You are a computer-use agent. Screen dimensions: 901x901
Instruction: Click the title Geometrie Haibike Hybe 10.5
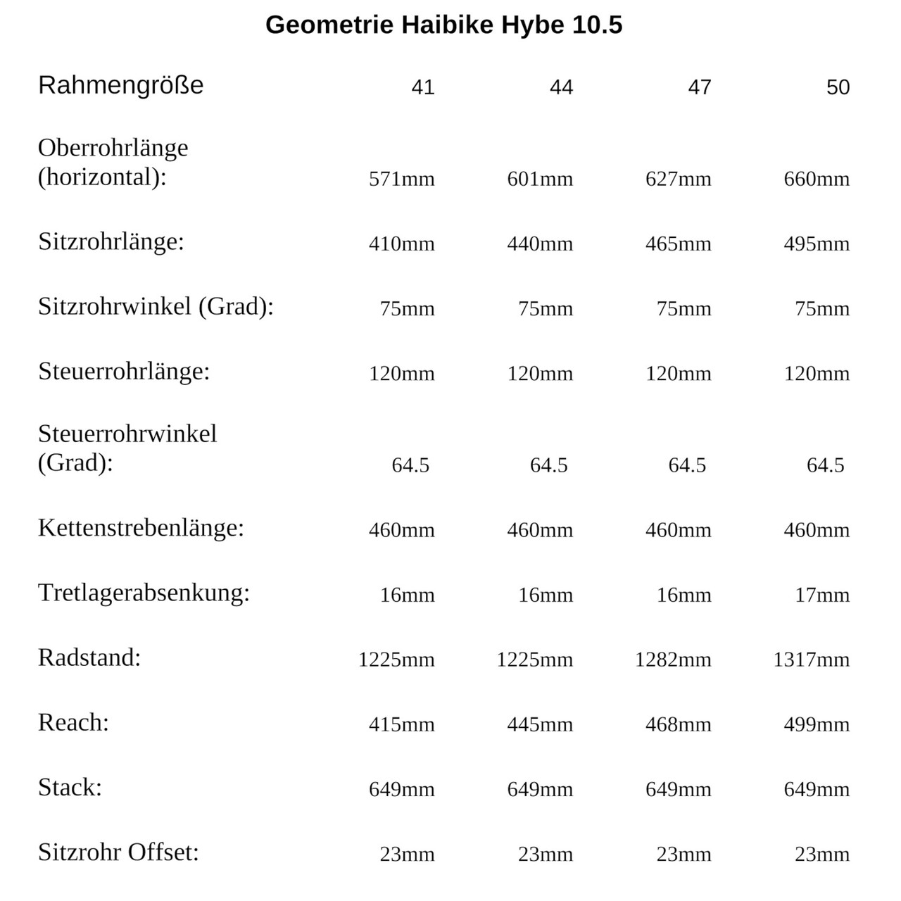click(x=443, y=25)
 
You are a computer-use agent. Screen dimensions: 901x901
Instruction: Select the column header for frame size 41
click(x=423, y=87)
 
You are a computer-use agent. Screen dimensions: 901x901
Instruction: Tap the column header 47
click(x=700, y=87)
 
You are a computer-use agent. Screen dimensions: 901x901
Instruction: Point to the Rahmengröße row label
click(x=120, y=85)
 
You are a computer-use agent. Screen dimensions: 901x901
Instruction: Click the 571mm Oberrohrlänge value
click(x=401, y=179)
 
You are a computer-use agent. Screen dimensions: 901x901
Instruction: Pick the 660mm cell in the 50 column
click(x=817, y=179)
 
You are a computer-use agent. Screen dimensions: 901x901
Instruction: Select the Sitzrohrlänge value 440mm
click(x=540, y=244)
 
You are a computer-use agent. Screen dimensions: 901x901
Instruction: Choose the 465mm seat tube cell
click(x=678, y=244)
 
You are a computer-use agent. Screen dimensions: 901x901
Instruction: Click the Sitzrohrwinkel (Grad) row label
click(x=156, y=306)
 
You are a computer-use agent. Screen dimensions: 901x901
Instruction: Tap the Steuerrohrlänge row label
click(x=124, y=371)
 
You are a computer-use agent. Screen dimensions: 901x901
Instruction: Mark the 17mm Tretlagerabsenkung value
click(x=822, y=595)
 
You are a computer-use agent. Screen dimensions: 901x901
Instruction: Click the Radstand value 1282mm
click(x=673, y=660)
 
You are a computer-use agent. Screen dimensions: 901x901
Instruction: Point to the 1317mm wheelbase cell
click(x=811, y=660)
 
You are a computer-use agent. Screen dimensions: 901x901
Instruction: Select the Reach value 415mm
click(x=401, y=724)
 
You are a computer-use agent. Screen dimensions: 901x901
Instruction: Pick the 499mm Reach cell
click(x=817, y=724)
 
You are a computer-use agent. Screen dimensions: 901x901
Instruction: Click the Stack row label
click(x=70, y=787)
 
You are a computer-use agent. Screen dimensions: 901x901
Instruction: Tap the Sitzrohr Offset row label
click(x=118, y=852)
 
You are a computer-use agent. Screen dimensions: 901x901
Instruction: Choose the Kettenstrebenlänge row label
click(x=141, y=527)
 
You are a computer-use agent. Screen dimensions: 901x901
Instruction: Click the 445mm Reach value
click(x=540, y=724)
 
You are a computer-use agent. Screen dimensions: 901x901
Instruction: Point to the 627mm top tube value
click(x=678, y=179)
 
